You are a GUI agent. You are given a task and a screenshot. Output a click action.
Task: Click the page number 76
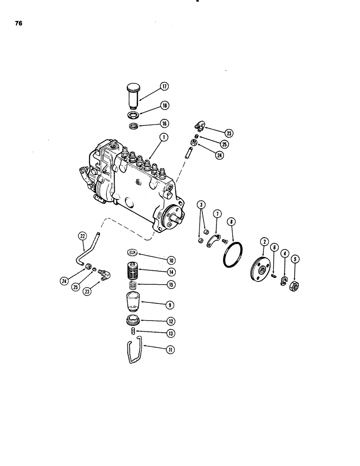click(x=18, y=26)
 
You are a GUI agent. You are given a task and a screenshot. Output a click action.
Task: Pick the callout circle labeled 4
click(x=284, y=254)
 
